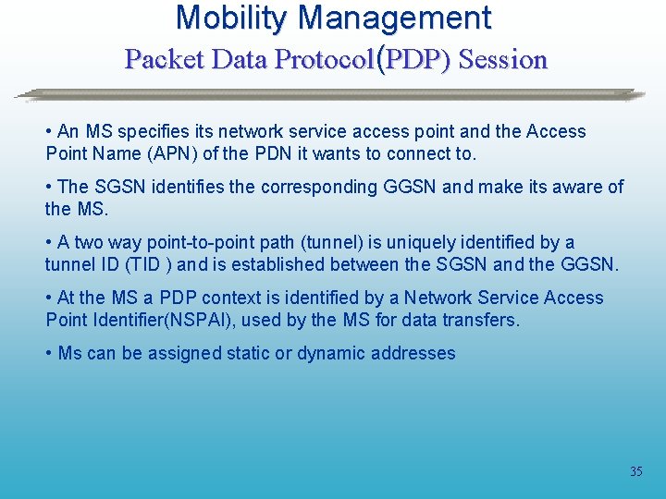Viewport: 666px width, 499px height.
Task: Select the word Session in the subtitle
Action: click(x=503, y=60)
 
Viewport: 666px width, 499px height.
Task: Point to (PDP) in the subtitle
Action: click(x=413, y=60)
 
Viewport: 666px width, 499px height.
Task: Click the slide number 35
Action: click(x=635, y=471)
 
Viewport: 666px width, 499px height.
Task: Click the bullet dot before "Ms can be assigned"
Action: click(x=49, y=353)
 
